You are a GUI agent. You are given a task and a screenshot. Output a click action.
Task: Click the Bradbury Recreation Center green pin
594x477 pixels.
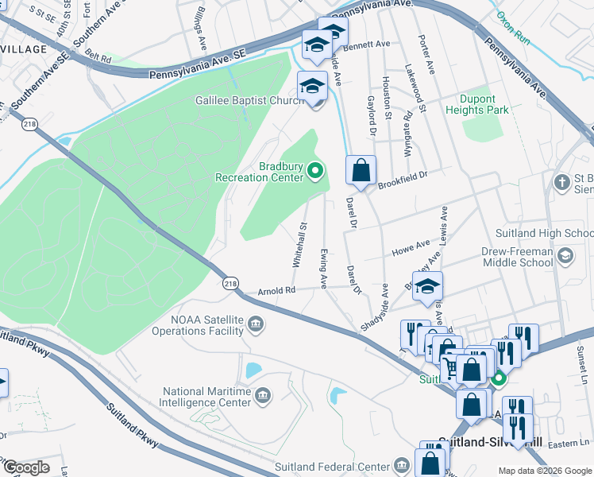point(315,169)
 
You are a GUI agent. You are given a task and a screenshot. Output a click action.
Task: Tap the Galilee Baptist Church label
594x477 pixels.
point(249,100)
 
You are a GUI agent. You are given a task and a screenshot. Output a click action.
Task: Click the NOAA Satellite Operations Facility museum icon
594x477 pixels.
point(256,323)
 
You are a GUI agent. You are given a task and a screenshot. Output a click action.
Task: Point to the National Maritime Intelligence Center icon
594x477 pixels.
point(264,395)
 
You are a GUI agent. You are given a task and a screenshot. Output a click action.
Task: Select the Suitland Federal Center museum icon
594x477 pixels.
point(403,465)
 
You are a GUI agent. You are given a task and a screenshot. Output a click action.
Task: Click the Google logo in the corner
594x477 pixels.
point(25,467)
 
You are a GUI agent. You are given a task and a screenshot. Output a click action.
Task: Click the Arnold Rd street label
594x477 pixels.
point(276,291)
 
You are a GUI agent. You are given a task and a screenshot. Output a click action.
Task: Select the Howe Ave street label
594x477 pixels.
point(410,250)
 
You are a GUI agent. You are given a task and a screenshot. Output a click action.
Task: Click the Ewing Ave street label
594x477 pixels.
point(323,268)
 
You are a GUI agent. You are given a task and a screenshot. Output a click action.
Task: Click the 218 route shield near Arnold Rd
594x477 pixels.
point(230,283)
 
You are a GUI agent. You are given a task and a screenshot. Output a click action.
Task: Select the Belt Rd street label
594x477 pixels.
point(99,56)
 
